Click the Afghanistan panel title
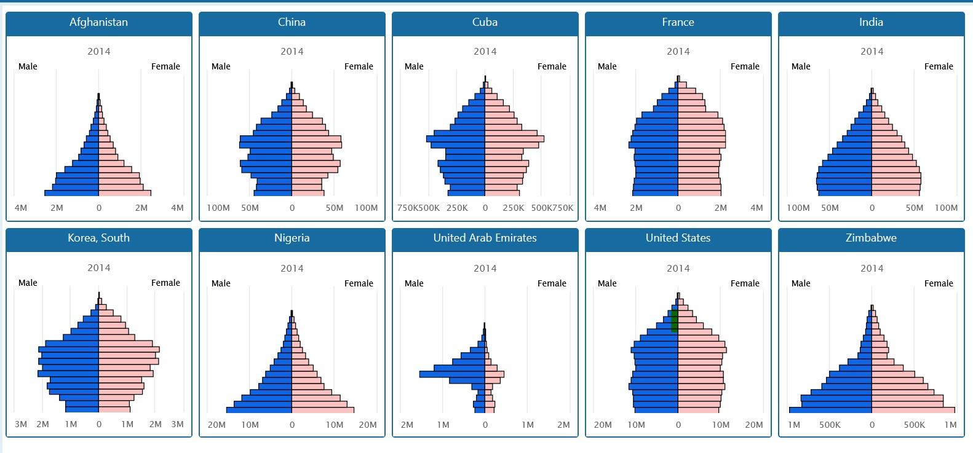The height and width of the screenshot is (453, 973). point(98,22)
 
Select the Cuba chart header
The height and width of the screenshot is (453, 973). point(485,22)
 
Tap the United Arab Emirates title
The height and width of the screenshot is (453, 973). point(485,238)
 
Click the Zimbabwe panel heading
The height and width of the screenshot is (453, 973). point(871,238)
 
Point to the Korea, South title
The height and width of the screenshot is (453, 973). point(98,238)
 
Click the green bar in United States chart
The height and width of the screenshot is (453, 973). point(674,321)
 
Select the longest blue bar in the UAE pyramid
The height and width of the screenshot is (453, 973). point(452,374)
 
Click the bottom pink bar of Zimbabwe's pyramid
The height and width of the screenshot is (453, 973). point(913,410)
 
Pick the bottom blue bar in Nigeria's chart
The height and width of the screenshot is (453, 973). point(259,410)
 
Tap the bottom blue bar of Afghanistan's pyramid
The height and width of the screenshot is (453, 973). point(71,193)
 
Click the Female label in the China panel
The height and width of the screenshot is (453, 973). point(359,66)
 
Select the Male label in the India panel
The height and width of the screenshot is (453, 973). point(800,66)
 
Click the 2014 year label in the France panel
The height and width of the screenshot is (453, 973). point(678,52)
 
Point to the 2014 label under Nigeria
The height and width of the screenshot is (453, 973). point(292,268)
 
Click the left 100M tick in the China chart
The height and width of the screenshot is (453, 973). point(218,208)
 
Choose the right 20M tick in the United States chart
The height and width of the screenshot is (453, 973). point(753,425)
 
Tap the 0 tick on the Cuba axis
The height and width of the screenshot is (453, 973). point(485,208)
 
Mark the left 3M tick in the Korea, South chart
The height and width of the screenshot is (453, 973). point(20,424)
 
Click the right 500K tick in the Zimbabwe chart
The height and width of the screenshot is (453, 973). point(914,425)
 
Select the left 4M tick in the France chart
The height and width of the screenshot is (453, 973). point(600,208)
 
